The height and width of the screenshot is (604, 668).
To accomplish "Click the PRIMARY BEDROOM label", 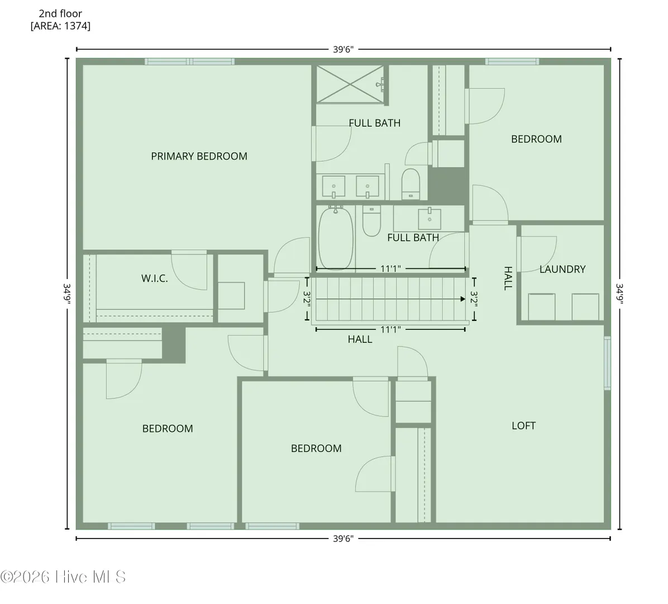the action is pos(199,156).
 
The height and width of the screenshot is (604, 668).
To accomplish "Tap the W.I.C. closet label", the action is pos(154,279).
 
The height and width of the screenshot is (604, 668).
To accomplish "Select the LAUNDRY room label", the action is pos(562,269).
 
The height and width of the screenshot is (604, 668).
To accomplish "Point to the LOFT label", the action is pos(523,425).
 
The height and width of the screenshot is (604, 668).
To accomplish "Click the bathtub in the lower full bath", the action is pos(336,238).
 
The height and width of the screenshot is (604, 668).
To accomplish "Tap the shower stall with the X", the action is pos(350,84).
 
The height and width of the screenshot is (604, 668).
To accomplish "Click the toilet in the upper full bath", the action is pos(411,184).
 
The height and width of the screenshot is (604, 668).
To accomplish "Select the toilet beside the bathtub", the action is pos(371,221).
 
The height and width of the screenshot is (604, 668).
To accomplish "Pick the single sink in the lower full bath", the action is pos(430,219).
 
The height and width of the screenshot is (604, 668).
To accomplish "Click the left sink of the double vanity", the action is pos(333,187).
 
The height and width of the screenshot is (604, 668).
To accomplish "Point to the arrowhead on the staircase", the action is pos(462,299).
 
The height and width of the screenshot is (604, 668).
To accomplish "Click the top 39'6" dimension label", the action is pos(343,49).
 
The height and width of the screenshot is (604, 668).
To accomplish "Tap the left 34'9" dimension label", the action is pos(67,294).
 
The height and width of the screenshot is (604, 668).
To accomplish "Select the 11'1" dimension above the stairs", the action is pos(390,269).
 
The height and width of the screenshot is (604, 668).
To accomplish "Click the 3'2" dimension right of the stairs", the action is pos(474,299).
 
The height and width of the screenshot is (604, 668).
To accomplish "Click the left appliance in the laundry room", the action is pos(541,306).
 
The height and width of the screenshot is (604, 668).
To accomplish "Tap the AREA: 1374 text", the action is pos(60,26).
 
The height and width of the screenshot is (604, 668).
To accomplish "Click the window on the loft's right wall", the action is pos(607,363).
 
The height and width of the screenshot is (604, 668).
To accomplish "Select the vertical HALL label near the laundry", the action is pos(508,278).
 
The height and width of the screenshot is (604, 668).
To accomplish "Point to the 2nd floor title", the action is pos(60,13).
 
